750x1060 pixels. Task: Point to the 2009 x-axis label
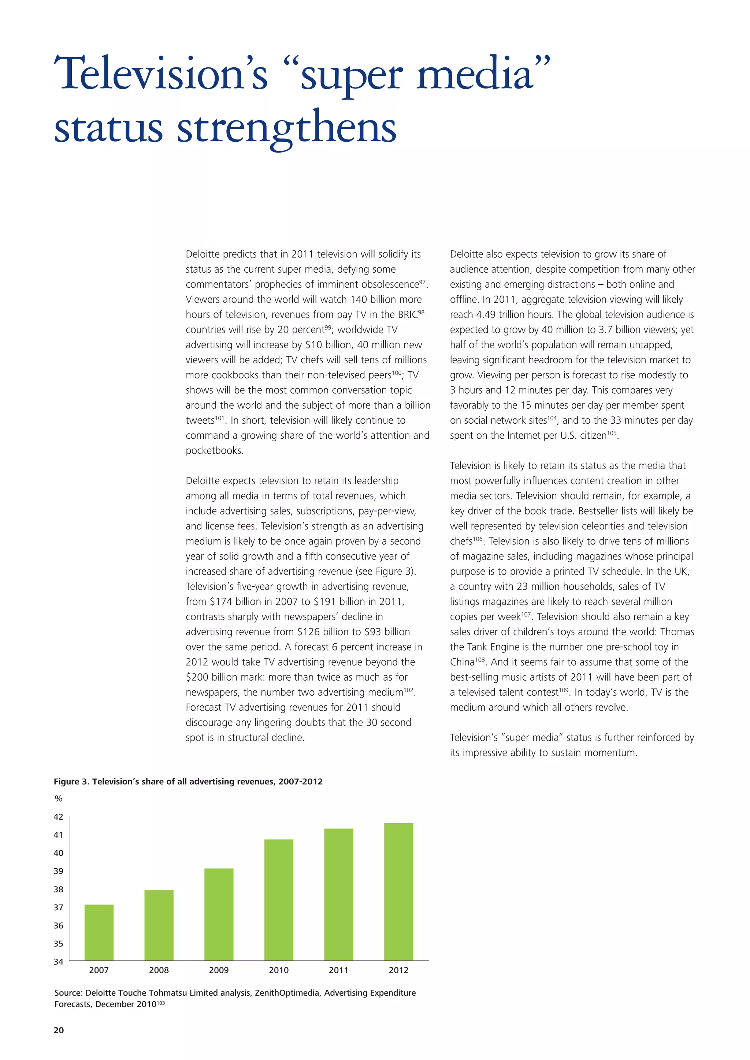219,970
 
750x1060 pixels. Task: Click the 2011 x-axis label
338,970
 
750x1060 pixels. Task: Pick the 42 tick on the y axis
58,817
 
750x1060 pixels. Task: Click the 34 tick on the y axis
58,962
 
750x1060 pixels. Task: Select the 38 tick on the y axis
58,889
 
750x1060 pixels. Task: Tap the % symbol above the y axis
58,799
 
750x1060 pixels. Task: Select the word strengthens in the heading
286,128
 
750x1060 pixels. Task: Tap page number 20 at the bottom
59,1030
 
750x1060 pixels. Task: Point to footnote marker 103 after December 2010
161,1003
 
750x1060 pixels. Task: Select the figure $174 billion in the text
236,602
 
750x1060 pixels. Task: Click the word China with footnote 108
462,662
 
